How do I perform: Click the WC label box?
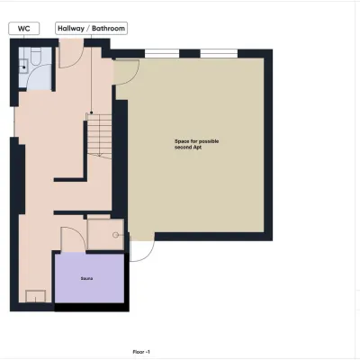(x=24, y=29)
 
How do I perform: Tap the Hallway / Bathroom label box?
(x=91, y=29)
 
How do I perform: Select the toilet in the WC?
(x=36, y=56)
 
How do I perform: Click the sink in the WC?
(x=23, y=66)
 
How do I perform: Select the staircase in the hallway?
(x=99, y=135)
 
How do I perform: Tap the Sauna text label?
(x=86, y=279)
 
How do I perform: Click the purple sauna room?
(x=89, y=278)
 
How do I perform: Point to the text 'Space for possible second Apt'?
(x=197, y=144)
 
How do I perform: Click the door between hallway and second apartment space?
(x=126, y=72)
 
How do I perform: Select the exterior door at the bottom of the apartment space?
(x=142, y=248)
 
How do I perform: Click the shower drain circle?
(x=115, y=235)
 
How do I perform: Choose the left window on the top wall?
(x=162, y=54)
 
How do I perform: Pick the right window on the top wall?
(x=219, y=54)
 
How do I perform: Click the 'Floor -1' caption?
(x=141, y=352)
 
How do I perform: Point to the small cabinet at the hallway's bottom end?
(x=36, y=296)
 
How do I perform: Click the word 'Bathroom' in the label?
(x=108, y=29)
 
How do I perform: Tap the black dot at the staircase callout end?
(x=91, y=112)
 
